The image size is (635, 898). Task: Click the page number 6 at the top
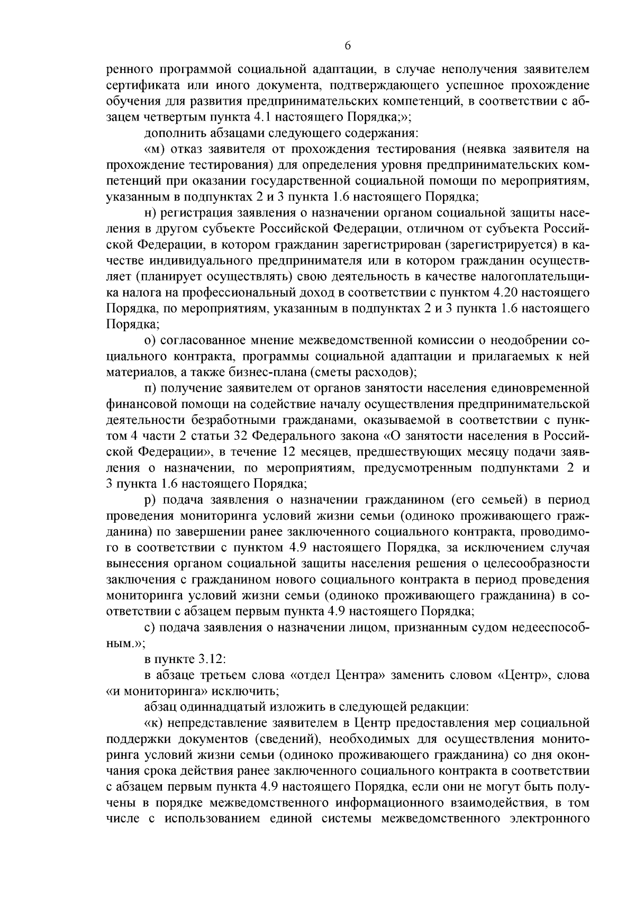(348, 46)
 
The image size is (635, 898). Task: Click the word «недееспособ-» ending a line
(551, 628)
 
